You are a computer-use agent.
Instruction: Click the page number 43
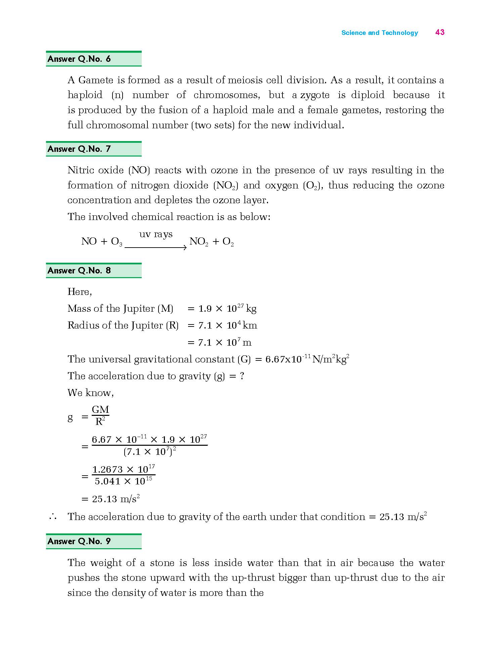pyautogui.click(x=440, y=32)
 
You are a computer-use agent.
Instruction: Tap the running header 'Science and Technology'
pyautogui.click(x=379, y=33)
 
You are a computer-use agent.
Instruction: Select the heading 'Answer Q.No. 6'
pyautogui.click(x=79, y=59)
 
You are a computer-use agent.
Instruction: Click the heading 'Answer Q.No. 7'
pyautogui.click(x=79, y=149)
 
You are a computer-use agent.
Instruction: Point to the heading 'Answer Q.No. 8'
pyautogui.click(x=79, y=271)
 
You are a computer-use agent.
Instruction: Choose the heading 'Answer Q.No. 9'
pyautogui.click(x=79, y=541)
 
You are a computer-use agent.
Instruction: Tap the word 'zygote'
pyautogui.click(x=315, y=95)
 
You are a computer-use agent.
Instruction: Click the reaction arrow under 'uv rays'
pyautogui.click(x=155, y=248)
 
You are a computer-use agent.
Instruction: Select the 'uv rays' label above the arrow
pyautogui.click(x=156, y=234)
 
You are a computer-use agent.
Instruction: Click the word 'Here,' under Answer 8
pyautogui.click(x=80, y=292)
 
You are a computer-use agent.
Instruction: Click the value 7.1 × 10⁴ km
pyautogui.click(x=227, y=325)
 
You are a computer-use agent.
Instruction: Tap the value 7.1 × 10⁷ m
pyautogui.click(x=224, y=343)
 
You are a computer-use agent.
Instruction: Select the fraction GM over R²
pyautogui.click(x=100, y=416)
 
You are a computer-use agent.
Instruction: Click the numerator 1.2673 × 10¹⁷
pyautogui.click(x=123, y=469)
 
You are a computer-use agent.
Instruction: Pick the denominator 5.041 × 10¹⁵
pyautogui.click(x=123, y=481)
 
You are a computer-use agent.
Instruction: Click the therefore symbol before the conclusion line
pyautogui.click(x=52, y=517)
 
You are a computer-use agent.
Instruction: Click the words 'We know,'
pyautogui.click(x=91, y=393)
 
